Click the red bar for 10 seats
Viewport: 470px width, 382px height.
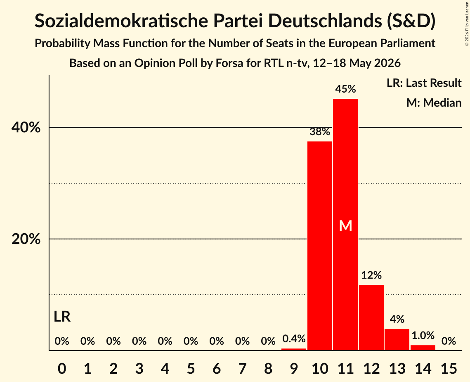(x=320, y=246)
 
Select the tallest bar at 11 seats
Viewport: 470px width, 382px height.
(x=346, y=224)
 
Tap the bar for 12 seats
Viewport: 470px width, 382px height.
(x=371, y=318)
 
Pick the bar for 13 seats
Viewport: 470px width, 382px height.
(x=397, y=340)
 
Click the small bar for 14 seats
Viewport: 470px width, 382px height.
(x=423, y=348)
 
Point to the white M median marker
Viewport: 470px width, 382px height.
(x=346, y=226)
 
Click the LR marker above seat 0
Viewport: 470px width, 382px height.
(x=62, y=317)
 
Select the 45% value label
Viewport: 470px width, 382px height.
(x=346, y=89)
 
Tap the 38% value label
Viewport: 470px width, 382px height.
(x=320, y=131)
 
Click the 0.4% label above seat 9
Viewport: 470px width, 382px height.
(x=294, y=339)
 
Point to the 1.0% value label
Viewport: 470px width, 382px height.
(x=423, y=335)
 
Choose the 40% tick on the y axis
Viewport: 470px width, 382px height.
(x=26, y=127)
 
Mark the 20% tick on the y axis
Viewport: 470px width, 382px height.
(x=26, y=239)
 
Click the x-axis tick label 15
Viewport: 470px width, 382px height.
(x=449, y=368)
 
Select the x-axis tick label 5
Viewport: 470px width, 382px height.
(x=191, y=368)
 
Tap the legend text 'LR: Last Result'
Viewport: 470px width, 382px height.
(x=424, y=83)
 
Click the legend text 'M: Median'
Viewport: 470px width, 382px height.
(x=434, y=103)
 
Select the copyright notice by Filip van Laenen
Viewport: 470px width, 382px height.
(x=467, y=24)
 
